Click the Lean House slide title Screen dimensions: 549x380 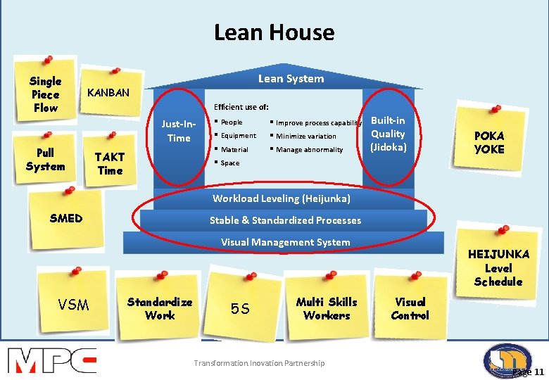click(274, 32)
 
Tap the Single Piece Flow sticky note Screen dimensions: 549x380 click(46, 94)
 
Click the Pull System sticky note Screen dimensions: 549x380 click(45, 160)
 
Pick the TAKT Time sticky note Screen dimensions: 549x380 click(110, 163)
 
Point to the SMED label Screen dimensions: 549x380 click(66, 218)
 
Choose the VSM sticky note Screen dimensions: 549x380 click(73, 305)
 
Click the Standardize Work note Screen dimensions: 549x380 click(159, 308)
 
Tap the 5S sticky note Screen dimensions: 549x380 click(241, 309)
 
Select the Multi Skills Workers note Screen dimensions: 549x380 click(327, 308)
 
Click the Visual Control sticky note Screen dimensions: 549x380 click(410, 308)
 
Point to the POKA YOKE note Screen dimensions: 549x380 click(489, 142)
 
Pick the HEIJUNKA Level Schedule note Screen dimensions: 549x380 click(498, 267)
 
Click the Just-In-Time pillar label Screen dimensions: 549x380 click(179, 131)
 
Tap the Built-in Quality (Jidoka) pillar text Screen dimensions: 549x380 click(389, 134)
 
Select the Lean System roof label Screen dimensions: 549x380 click(291, 78)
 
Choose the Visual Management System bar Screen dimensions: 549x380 click(285, 242)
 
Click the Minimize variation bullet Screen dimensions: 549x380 click(305, 136)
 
